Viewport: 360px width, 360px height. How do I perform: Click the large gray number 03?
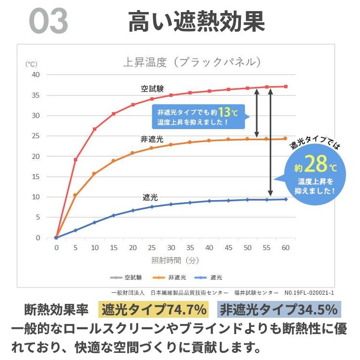tap(48, 21)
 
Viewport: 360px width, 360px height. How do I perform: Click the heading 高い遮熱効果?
tap(196, 22)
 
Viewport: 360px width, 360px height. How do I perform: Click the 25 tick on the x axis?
tap(152, 248)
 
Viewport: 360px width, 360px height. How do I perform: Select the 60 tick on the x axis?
tap(286, 248)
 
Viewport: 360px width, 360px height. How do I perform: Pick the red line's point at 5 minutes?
tap(75, 159)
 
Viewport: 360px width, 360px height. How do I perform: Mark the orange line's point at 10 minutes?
tap(95, 174)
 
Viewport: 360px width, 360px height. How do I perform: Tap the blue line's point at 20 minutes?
tap(133, 210)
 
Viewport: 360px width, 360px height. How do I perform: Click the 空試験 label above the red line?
tap(152, 89)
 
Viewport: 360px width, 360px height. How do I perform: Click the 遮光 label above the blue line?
tap(150, 197)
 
